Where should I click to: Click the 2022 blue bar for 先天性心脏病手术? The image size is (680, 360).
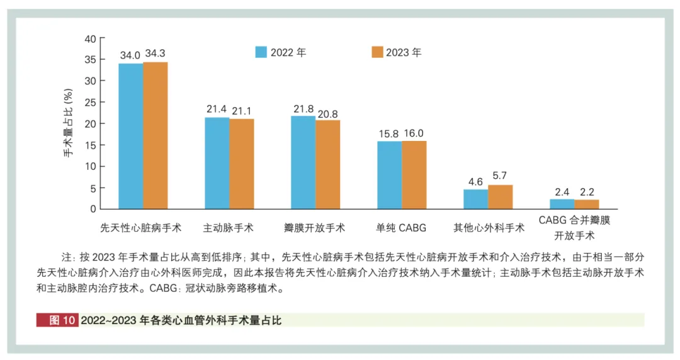point(130,136)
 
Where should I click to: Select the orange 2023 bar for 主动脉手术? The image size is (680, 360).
point(241,164)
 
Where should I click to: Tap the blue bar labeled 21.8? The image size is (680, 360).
point(303,162)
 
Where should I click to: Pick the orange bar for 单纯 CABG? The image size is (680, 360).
point(414,175)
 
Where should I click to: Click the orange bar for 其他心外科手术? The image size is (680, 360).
point(500,197)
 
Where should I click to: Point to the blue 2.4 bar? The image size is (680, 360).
point(562,204)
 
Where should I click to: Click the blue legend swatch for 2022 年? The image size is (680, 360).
point(261,52)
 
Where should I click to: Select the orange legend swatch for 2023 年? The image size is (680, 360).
point(377,52)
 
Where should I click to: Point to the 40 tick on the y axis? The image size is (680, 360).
point(90,38)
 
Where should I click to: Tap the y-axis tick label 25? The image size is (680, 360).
point(90,103)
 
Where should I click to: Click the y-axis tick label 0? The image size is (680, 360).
point(93,209)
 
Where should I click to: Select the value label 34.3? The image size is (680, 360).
point(155,53)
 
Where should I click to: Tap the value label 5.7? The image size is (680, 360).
point(500,176)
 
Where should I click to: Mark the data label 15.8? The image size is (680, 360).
point(389,133)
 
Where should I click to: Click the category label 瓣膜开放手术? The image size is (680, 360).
point(315,227)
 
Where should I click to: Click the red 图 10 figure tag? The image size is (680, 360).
point(57,320)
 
